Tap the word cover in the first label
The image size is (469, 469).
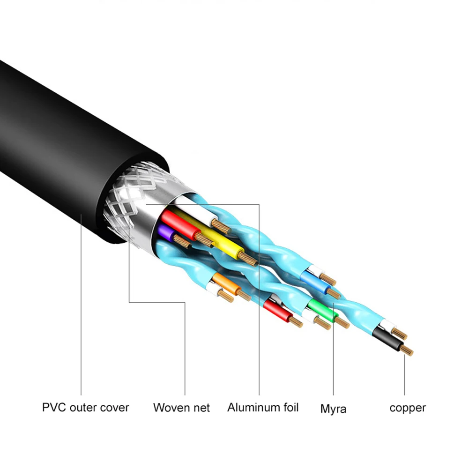[114, 407]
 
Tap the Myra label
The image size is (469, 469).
[333, 409]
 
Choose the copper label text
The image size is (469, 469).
[408, 408]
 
